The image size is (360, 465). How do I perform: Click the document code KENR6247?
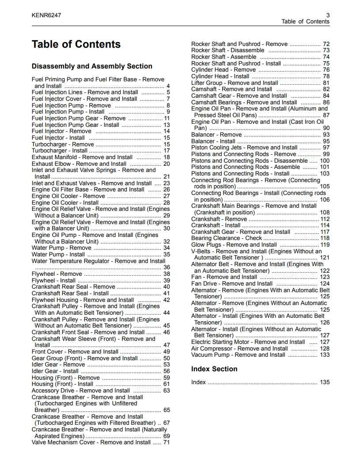click(x=46, y=15)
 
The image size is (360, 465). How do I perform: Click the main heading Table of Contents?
click(x=76, y=44)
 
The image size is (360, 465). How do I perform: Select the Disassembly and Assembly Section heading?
click(x=92, y=66)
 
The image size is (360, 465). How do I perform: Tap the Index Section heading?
click(x=214, y=369)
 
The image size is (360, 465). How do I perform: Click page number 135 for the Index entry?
click(x=325, y=382)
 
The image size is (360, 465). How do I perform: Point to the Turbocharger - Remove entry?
click(x=63, y=144)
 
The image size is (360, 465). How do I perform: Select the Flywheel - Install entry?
click(x=54, y=280)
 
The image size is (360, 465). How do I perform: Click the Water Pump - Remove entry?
click(x=55, y=248)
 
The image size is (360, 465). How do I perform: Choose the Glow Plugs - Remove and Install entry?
click(x=234, y=244)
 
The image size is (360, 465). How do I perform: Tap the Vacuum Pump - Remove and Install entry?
click(x=238, y=354)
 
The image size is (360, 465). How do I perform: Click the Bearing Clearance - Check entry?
click(x=227, y=238)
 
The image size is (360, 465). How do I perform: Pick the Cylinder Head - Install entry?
click(x=220, y=76)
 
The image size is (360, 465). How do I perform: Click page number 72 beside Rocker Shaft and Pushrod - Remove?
click(x=326, y=44)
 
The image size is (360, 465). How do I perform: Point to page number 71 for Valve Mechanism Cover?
click(x=167, y=442)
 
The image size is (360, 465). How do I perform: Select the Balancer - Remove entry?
click(x=216, y=134)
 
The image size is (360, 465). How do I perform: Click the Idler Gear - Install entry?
click(x=55, y=371)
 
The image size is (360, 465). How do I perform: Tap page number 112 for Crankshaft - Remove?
click(x=325, y=219)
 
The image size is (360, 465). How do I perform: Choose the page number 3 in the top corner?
click(x=328, y=15)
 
